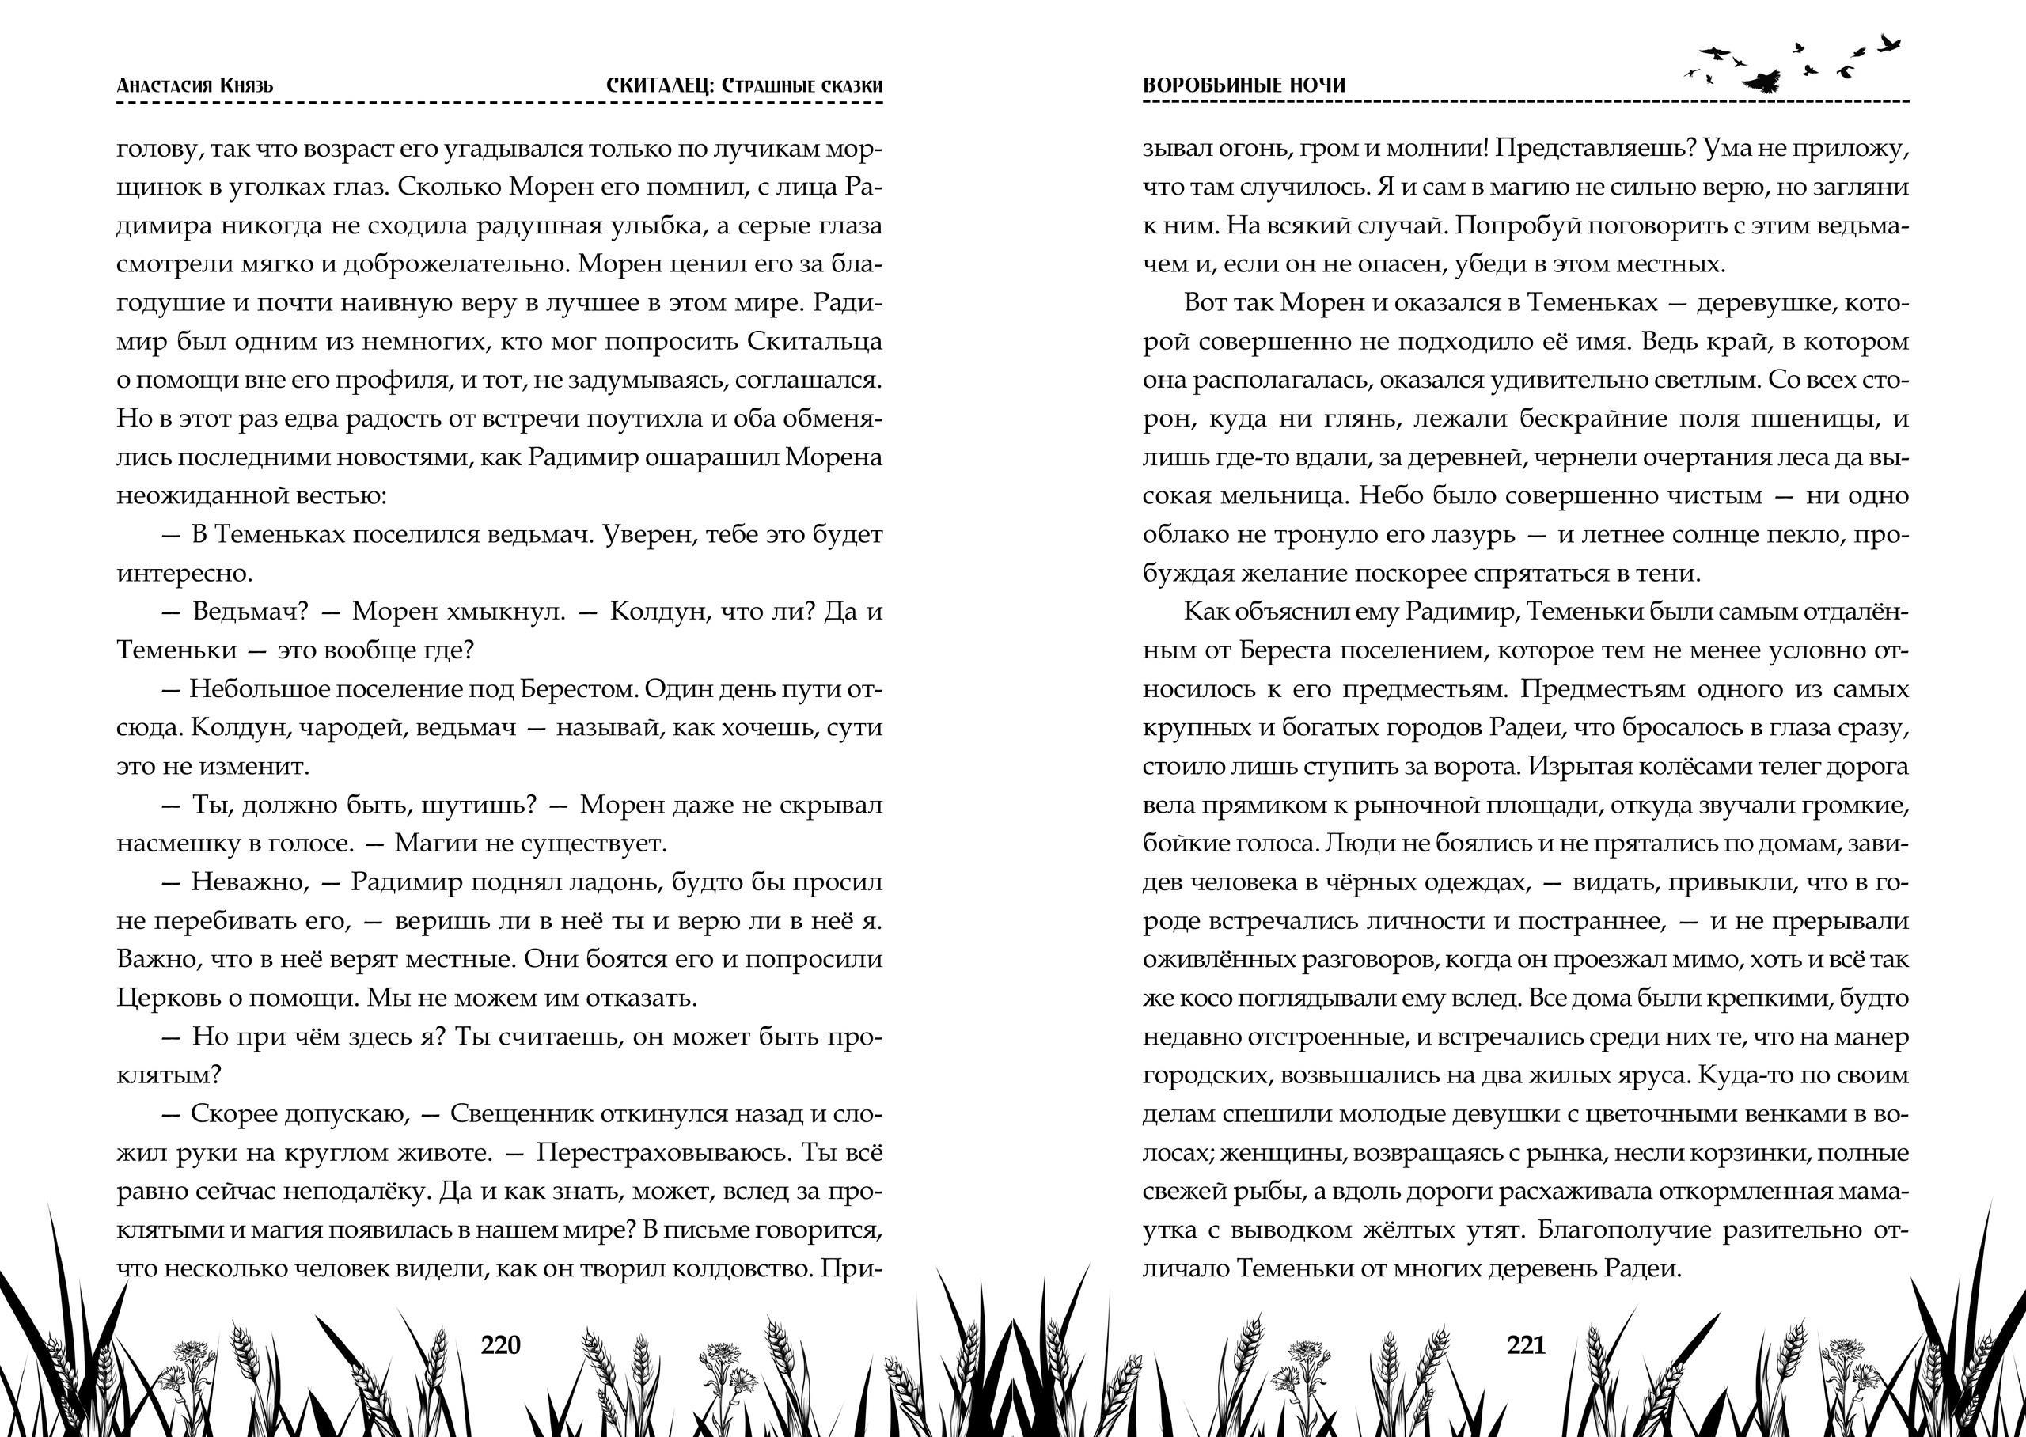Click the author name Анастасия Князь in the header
click(195, 85)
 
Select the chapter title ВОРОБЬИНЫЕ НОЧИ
click(1244, 85)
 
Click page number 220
click(501, 1345)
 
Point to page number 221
click(1525, 1345)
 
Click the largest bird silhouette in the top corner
click(1762, 82)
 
